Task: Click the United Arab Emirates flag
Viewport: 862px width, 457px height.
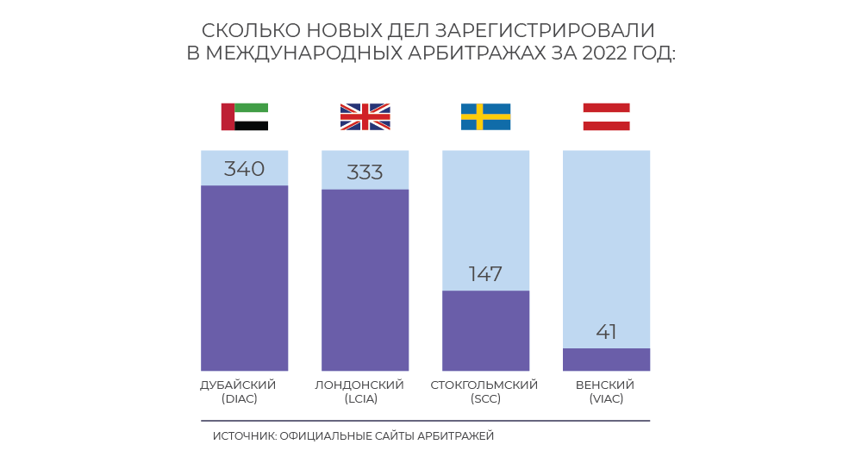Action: click(x=245, y=116)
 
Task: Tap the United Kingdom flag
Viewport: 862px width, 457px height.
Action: click(x=365, y=116)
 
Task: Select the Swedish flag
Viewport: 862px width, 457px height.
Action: click(x=485, y=116)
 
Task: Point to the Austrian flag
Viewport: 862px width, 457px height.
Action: click(x=606, y=116)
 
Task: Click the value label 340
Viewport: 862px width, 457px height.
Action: click(x=244, y=169)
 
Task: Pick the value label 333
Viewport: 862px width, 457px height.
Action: click(x=365, y=172)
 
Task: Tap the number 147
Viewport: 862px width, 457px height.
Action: click(x=485, y=274)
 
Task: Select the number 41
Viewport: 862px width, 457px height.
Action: click(x=606, y=332)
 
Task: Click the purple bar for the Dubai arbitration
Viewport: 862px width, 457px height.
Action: click(x=245, y=278)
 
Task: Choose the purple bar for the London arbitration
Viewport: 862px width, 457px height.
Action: click(x=365, y=280)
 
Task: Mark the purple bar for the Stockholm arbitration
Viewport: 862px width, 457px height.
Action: click(x=485, y=330)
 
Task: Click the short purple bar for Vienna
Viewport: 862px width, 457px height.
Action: click(x=606, y=360)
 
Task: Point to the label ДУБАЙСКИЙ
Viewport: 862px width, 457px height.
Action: click(x=238, y=385)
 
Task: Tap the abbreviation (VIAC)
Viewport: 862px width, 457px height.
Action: click(x=605, y=398)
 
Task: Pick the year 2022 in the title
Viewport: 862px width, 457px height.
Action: click(x=606, y=53)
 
